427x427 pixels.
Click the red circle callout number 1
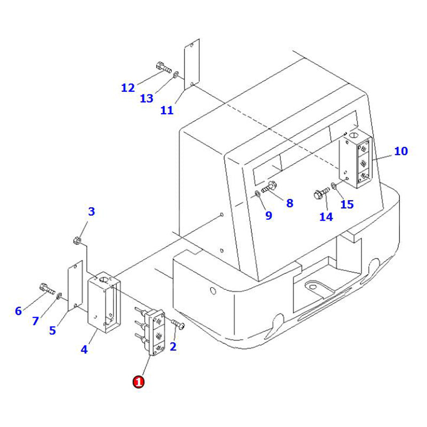138,382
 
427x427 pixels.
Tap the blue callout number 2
173,346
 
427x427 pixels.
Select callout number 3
91,212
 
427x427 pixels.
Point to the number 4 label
84,350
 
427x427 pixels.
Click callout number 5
52,330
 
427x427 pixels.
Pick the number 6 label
18,311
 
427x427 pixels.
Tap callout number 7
36,321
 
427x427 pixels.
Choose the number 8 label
289,203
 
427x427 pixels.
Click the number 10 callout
401,151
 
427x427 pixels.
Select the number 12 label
128,88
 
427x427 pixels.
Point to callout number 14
326,216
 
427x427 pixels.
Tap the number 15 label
347,204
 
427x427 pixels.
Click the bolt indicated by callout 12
162,68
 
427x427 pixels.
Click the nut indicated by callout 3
77,241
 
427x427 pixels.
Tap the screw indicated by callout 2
179,324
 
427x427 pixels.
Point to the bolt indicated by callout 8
270,187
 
